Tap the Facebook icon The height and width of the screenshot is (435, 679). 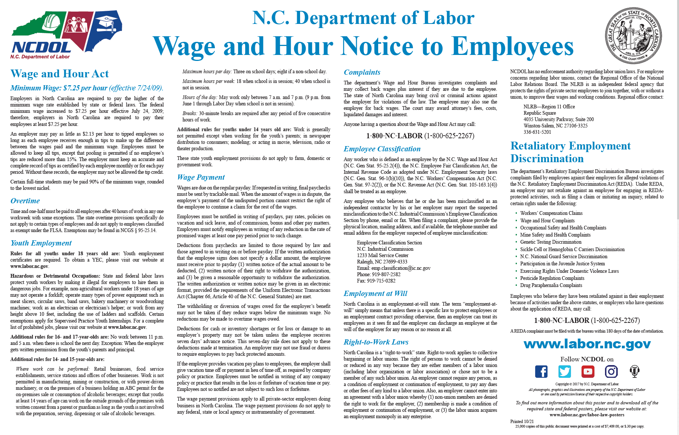(541, 371)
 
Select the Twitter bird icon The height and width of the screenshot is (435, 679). (564, 371)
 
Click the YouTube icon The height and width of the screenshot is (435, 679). (588, 371)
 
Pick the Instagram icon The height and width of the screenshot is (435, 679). (611, 371)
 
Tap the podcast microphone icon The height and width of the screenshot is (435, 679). (634, 371)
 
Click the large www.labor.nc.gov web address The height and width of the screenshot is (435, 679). (587, 344)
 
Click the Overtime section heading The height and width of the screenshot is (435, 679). (25, 201)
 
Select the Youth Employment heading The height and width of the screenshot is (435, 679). (41, 243)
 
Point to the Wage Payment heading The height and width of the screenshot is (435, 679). (201, 178)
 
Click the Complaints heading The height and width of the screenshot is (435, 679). (362, 72)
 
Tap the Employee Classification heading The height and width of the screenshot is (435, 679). (382, 149)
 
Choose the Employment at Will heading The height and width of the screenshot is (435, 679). (375, 294)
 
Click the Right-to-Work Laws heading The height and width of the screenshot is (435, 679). (376, 342)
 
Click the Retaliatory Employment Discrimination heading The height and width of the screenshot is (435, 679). (570, 152)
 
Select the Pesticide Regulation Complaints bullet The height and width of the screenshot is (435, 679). (552, 278)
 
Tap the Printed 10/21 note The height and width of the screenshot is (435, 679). (522, 421)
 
